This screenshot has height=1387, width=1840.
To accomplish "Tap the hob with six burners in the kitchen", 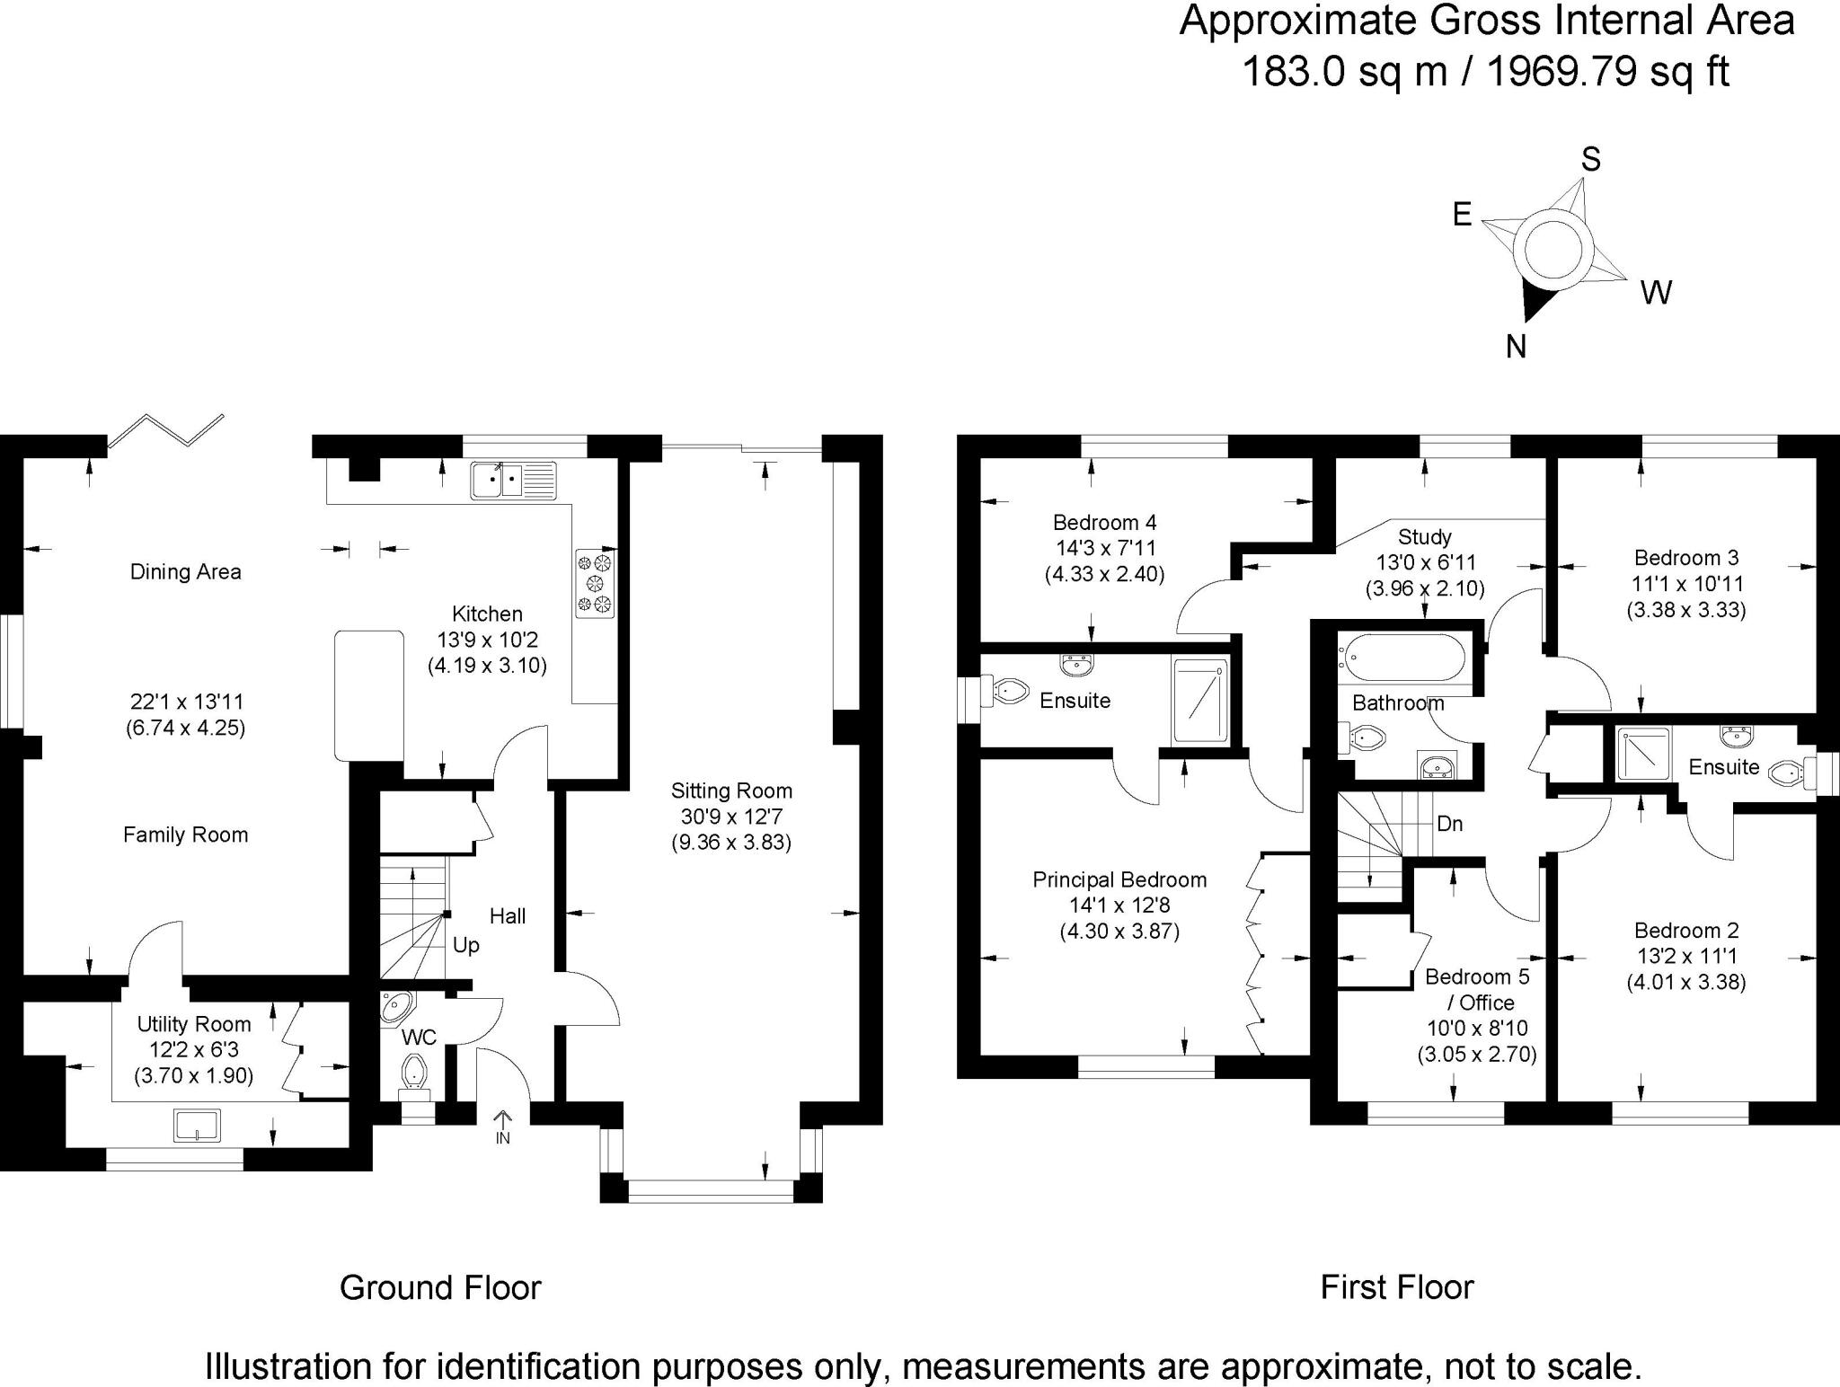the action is click(x=596, y=583).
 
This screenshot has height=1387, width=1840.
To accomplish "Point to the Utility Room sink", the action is click(x=198, y=1125).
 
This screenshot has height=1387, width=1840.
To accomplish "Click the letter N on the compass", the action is click(x=1517, y=347).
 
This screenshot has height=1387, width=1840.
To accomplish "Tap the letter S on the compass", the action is click(x=1591, y=160).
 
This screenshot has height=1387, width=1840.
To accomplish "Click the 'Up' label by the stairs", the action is click(x=465, y=945).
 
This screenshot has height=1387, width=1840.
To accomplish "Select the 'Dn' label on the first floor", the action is click(x=1449, y=823).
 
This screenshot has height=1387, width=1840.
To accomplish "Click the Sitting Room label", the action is click(x=731, y=791).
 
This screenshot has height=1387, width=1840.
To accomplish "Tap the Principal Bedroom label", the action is click(x=1119, y=879).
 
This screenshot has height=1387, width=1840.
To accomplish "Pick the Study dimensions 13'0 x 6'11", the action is click(x=1425, y=563).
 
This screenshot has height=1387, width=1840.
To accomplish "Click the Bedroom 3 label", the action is click(x=1686, y=557).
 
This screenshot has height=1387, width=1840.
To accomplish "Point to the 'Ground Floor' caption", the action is click(x=440, y=1287).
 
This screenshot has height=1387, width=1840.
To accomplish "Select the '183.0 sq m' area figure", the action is click(x=1343, y=71).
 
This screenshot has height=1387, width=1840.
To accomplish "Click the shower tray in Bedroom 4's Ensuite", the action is click(x=1199, y=701).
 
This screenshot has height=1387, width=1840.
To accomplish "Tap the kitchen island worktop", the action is click(x=369, y=695).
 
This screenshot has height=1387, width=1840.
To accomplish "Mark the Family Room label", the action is click(x=185, y=835).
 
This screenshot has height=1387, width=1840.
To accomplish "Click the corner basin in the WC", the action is click(x=395, y=1007).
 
